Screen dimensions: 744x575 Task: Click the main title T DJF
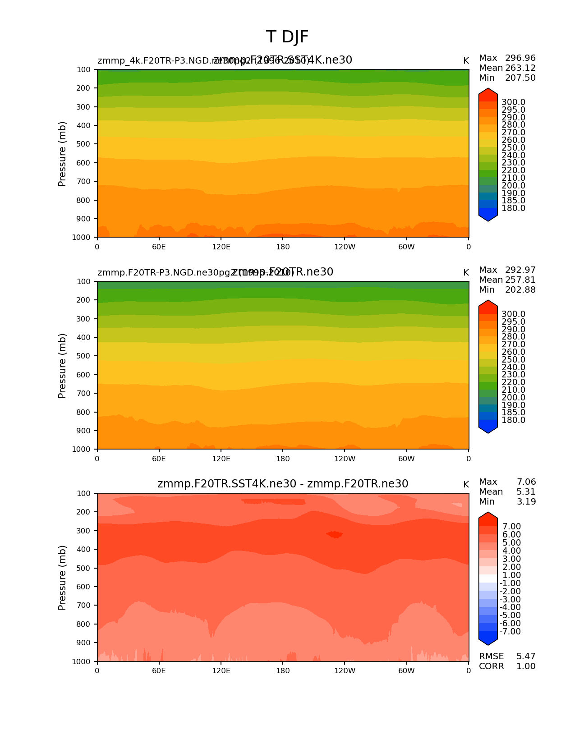pos(287,37)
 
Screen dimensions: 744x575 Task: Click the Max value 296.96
pos(520,58)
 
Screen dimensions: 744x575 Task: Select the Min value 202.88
pos(520,290)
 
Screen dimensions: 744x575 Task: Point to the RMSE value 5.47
pos(526,657)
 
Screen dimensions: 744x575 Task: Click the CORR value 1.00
pos(526,666)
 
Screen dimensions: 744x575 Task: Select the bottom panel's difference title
pos(283,484)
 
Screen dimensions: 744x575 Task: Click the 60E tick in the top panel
pos(159,247)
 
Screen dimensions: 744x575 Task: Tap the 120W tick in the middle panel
pos(345,459)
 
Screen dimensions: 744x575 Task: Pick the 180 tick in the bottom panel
pos(283,671)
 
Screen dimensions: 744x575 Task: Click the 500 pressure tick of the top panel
pos(84,144)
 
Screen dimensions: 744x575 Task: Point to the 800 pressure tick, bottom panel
pos(84,624)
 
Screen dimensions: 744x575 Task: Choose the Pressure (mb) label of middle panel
pos(62,366)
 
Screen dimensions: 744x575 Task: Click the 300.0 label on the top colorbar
pos(513,102)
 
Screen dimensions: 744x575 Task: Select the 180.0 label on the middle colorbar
pos(513,420)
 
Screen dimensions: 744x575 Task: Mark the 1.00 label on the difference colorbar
pos(511,575)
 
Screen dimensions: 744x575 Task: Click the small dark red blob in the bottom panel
pos(335,535)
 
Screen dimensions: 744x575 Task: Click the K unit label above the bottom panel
pos(466,485)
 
